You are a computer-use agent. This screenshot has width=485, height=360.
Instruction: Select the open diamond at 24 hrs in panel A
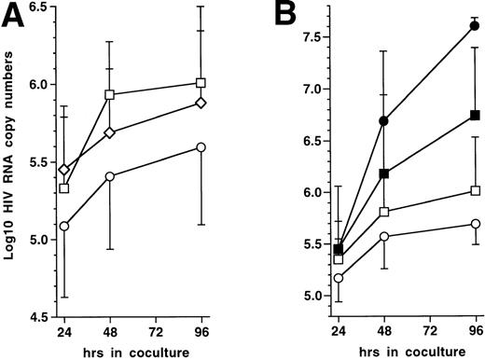[62, 170]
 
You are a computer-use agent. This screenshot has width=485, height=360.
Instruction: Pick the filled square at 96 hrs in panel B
[476, 115]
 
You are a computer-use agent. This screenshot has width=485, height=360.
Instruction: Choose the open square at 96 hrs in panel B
[476, 190]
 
